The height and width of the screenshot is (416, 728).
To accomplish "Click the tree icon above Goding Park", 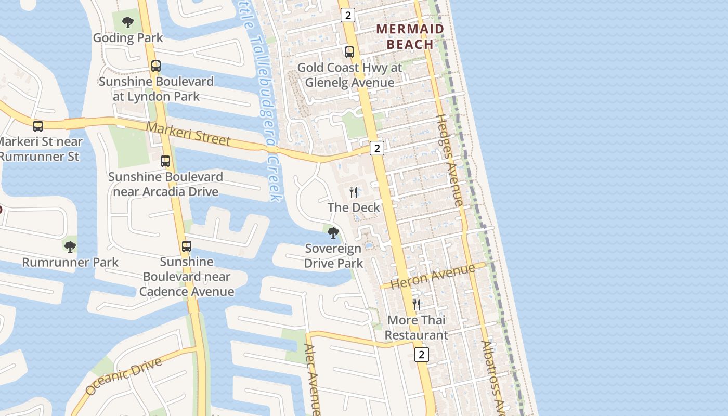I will [127, 22].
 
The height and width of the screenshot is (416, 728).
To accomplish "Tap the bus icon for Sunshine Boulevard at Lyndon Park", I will [155, 66].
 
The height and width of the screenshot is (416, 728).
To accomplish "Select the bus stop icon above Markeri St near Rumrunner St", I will [37, 126].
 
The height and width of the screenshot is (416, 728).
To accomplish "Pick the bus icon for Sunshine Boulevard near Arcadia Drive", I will [165, 161].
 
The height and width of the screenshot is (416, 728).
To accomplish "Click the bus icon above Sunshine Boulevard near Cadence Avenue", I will [186, 246].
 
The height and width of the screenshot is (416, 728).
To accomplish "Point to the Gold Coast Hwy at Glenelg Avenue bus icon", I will [349, 52].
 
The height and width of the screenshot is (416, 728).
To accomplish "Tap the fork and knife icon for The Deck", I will [354, 192].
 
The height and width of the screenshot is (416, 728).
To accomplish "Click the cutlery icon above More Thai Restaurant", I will [417, 305].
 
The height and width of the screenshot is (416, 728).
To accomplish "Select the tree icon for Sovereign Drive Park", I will [333, 233].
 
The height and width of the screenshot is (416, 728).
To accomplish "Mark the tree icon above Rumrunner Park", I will [70, 246].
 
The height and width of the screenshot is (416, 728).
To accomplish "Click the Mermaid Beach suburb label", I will [410, 36].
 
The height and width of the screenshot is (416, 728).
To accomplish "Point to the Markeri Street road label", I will [188, 134].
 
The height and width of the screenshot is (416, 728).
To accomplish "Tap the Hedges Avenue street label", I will [450, 160].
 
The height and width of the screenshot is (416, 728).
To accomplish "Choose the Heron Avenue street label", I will [433, 276].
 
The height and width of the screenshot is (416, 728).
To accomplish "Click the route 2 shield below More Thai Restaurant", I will [421, 355].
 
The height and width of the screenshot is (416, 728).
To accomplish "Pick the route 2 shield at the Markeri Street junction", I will [377, 148].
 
